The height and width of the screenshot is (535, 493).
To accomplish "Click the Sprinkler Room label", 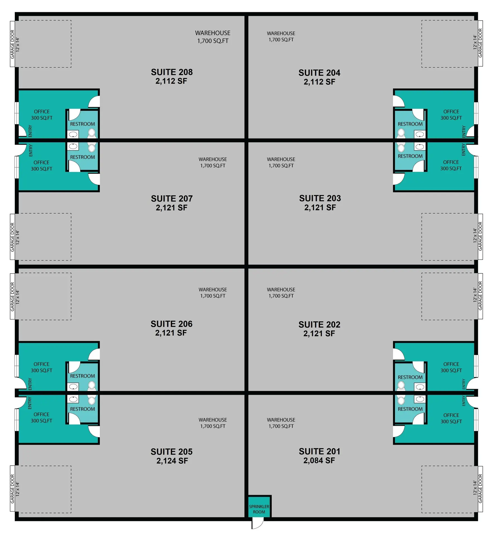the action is pos(259,509).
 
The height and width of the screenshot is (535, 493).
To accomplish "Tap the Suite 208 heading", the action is pos(172,72).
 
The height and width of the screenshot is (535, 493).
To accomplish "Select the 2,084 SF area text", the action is pos(319,461).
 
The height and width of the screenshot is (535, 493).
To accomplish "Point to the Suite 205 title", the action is pos(172,452).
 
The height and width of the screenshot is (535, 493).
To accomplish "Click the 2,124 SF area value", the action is pos(172,461).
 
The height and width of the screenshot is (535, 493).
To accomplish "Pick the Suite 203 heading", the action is pos(320,198).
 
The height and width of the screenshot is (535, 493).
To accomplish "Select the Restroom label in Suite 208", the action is pos(82,124).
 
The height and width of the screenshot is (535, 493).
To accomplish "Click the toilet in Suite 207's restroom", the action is pos(92,148).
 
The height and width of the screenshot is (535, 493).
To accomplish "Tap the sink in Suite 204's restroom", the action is pos(420,135).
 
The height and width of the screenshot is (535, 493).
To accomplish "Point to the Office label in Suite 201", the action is pos(451,415).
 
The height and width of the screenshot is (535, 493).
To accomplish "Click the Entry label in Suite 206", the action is pos(30,384).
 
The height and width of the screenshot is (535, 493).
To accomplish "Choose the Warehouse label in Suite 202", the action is pos(281,290).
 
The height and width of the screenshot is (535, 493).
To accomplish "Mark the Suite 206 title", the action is pos(172,324).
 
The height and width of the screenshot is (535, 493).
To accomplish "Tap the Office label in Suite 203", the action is pos(451,162).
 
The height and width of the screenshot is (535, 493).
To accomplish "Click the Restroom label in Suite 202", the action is pos(410,377).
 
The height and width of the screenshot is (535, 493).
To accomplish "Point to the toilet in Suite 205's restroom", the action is pos(92,400).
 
